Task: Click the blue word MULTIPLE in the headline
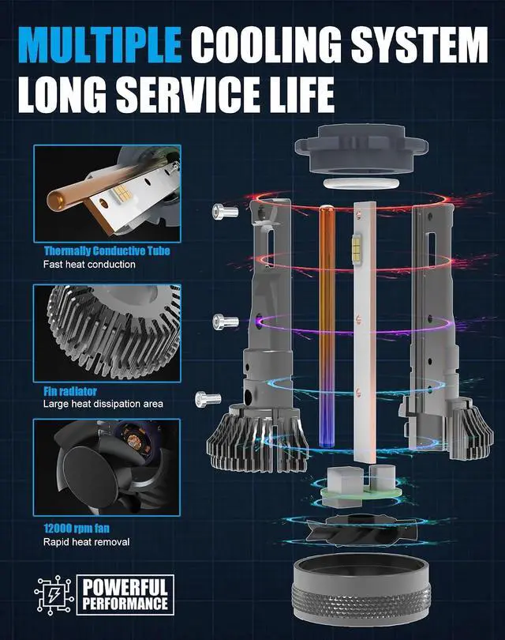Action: [100, 44]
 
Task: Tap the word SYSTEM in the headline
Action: [419, 44]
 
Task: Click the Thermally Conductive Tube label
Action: [107, 250]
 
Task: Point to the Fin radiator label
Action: [70, 391]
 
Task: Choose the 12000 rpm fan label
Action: [77, 528]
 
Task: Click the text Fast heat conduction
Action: [89, 265]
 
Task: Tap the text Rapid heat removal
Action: [87, 542]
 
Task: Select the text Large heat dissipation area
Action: [103, 404]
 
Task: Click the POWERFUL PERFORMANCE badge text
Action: [125, 595]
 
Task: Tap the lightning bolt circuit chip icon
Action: [54, 595]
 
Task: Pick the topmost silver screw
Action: [225, 212]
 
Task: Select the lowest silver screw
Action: [208, 399]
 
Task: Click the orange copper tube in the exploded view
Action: [326, 326]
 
